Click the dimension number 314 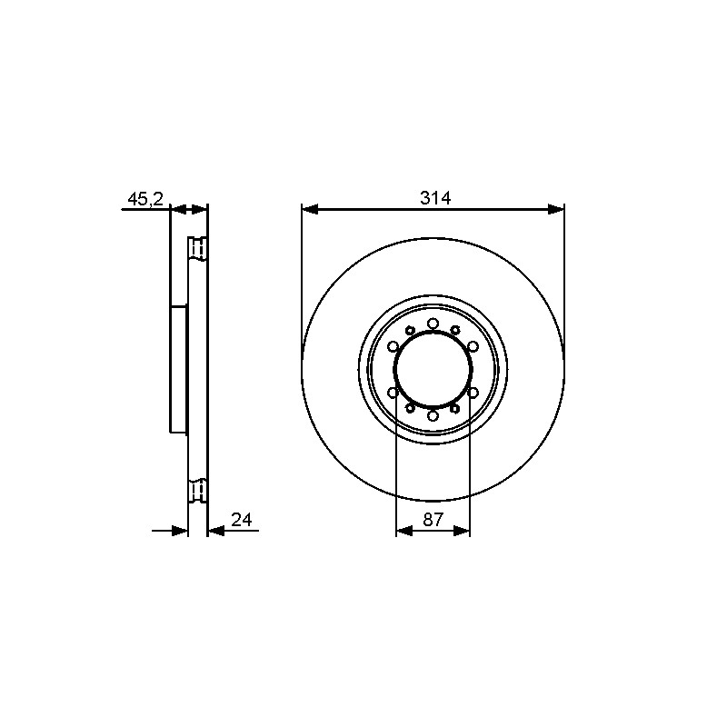[435, 198]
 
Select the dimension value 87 [433, 520]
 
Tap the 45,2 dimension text [145, 199]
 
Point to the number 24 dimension [241, 520]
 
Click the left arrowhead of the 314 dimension [310, 210]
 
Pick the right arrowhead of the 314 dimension [556, 210]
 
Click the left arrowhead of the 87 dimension [404, 531]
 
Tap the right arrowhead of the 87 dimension [462, 531]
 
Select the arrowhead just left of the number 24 [216, 531]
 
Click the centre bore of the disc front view [433, 370]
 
